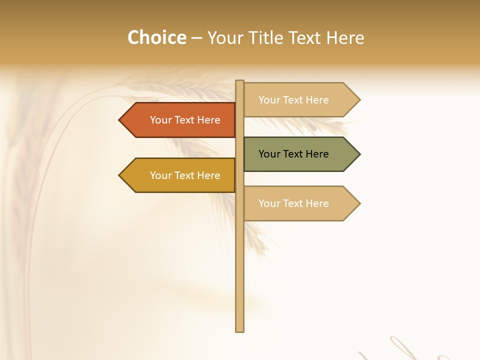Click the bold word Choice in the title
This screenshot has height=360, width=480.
156,37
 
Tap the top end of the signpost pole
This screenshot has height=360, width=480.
239,81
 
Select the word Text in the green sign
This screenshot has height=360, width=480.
292,154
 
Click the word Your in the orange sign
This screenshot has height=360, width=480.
161,120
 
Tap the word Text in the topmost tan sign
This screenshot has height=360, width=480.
292,100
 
